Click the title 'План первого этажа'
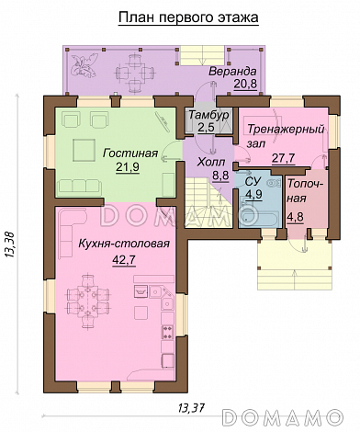[188, 17]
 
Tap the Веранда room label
[232, 72]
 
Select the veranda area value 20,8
[245, 84]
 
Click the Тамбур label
[208, 115]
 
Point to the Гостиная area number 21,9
[128, 167]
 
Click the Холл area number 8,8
[220, 176]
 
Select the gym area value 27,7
[283, 158]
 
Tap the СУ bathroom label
[253, 181]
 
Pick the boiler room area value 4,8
[295, 217]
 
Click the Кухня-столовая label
[124, 244]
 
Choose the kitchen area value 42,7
[124, 260]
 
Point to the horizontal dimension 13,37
[191, 408]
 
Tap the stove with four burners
[167, 332]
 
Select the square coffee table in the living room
[84, 150]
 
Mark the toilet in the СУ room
[274, 183]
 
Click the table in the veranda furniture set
[134, 73]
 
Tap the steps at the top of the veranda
[203, 55]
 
